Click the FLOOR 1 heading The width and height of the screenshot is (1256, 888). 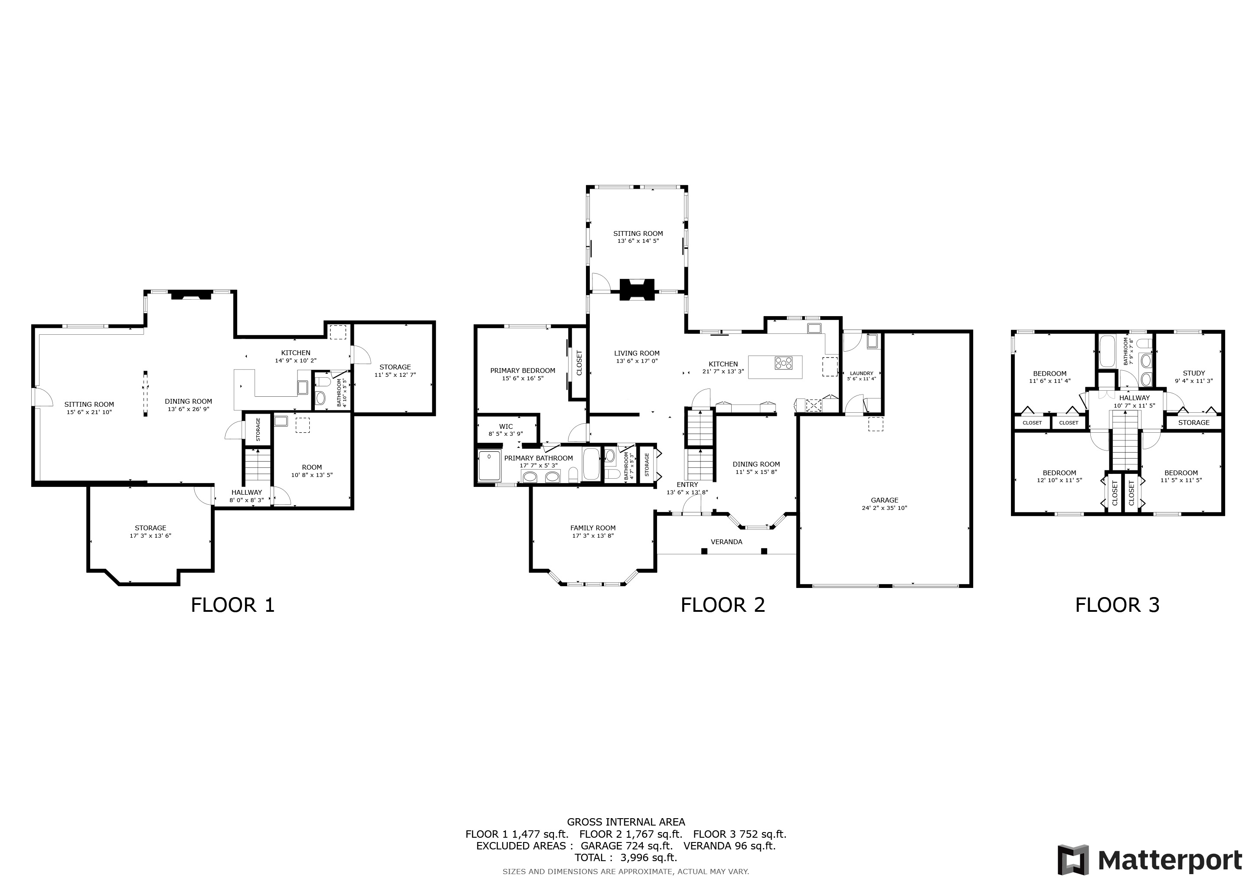232,605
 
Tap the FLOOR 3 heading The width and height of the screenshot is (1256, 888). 1118,605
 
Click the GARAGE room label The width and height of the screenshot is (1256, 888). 885,500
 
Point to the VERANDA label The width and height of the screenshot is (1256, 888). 726,542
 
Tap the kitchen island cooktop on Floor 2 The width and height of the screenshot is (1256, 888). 783,363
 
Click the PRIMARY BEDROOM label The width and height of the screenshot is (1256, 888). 523,371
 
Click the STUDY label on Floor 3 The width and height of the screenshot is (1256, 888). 1194,373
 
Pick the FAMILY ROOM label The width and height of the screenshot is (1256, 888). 593,528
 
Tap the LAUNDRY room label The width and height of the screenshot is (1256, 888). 862,373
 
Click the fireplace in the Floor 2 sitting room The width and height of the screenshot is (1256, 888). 637,289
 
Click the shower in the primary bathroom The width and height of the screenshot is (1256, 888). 489,466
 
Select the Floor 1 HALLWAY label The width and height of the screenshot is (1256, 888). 247,493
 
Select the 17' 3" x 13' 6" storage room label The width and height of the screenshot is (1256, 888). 150,536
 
